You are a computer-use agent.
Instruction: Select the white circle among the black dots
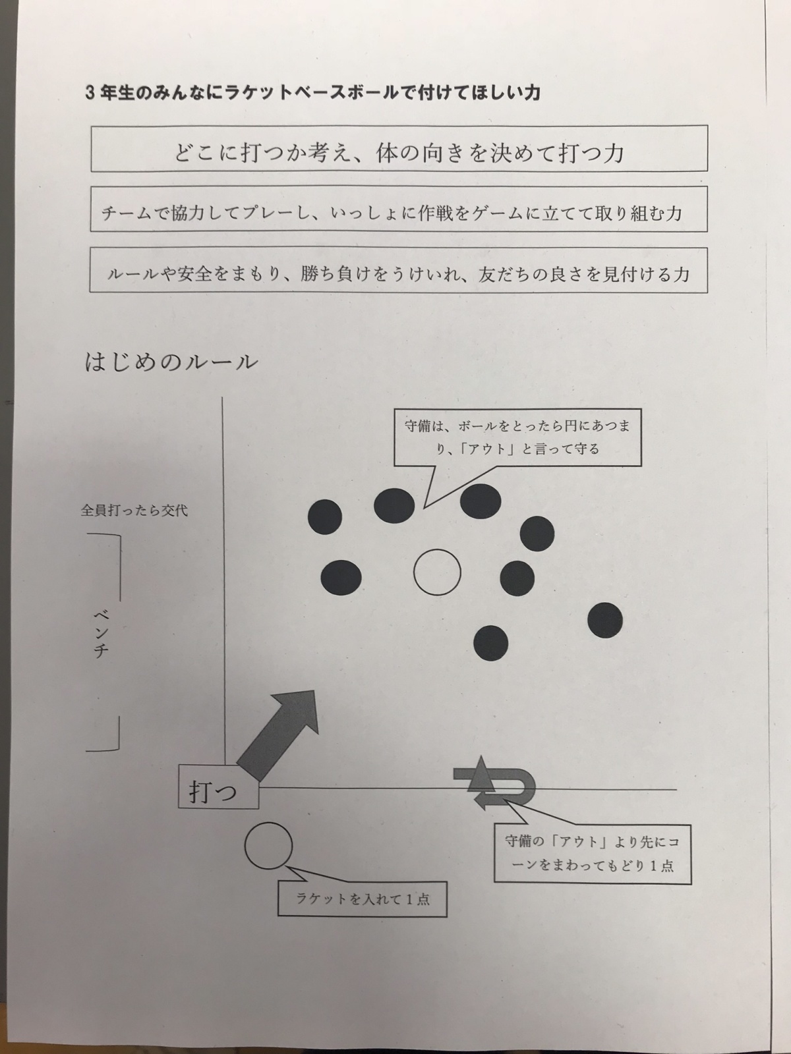pos(437,572)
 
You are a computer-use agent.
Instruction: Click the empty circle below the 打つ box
pos(268,846)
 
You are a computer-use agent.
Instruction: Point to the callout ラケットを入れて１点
pos(362,898)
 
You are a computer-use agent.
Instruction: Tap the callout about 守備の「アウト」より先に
pos(593,853)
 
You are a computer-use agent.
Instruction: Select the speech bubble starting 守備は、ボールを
pos(517,438)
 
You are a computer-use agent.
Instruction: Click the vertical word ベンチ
pos(101,634)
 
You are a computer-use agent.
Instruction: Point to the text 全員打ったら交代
pos(134,511)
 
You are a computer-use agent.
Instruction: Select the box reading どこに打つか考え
pos(399,153)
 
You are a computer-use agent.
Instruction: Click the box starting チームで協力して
pos(399,212)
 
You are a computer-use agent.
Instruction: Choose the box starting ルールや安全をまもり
pos(399,273)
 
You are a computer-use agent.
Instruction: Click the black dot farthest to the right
pos(605,620)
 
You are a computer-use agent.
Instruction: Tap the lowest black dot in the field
pos(491,643)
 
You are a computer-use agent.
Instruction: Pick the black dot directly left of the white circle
pos(341,577)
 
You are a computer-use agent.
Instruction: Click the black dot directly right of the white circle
pos(517,577)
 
